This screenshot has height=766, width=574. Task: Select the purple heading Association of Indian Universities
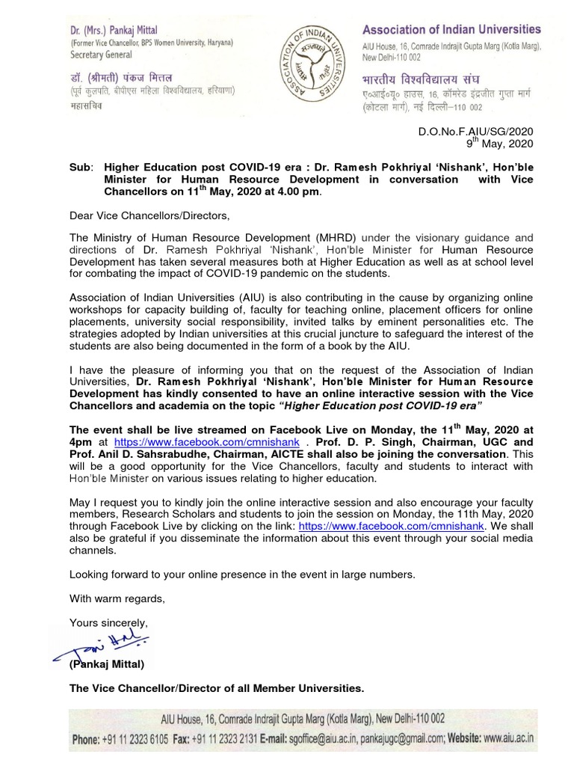coord(451,30)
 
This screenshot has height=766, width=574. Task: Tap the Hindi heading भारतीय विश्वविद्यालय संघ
coord(421,79)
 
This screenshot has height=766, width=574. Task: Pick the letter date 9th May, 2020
coord(500,144)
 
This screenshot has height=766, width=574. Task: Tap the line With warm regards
coord(117,598)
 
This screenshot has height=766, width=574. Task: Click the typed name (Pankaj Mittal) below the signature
coord(107,664)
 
